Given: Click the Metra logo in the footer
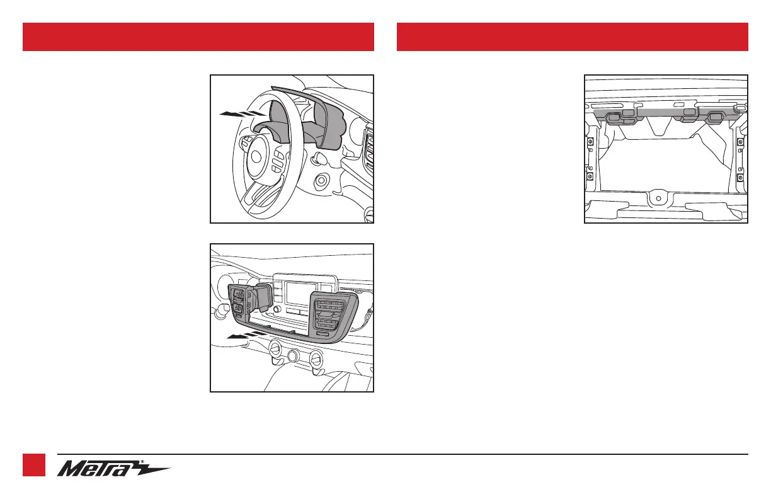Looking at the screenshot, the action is point(113,469).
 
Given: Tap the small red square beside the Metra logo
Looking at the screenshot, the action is point(34,465).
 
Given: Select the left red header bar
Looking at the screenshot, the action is point(198,37).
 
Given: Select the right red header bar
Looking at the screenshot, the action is point(573,37).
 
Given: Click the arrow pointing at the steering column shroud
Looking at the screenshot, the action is point(243,114).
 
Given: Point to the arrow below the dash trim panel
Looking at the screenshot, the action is point(246,335).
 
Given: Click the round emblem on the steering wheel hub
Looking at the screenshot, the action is point(256,157).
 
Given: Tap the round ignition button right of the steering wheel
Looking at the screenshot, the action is point(321,180).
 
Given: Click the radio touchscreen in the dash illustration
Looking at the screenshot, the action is point(301,294).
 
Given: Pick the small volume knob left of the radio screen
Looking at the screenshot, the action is point(277,309).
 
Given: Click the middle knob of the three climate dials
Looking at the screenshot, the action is point(292,356).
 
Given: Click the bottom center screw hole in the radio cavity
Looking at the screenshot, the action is point(658,198).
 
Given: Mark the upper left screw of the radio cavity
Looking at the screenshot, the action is point(590,142).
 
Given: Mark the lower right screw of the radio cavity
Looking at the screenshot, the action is point(741,178).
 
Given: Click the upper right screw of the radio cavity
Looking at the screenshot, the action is point(741,142).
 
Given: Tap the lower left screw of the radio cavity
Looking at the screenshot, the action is point(590,176).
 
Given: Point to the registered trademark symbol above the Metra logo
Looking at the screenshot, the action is point(142,462).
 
